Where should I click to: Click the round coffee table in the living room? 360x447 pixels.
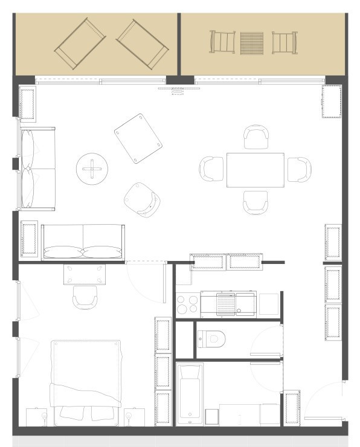tap(92, 169)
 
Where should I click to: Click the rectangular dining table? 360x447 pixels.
tap(255, 170)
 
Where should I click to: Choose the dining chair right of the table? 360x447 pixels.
tap(298, 170)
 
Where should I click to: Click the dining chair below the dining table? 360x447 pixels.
tap(255, 202)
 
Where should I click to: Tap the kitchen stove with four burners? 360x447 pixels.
tap(187, 304)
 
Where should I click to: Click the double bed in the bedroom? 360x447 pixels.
tap(86, 381)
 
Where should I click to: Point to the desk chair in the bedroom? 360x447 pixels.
tap(85, 297)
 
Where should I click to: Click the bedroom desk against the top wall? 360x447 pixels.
tap(85, 272)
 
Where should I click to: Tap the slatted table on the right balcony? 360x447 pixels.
tap(252, 42)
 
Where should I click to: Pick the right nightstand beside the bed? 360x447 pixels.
tap(135, 416)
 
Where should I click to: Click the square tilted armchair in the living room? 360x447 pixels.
tap(138, 138)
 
